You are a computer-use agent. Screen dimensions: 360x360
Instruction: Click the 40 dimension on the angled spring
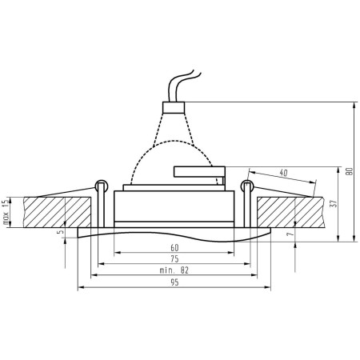pyautogui.click(x=284, y=173)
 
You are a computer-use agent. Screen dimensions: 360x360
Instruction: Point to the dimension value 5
pyautogui.click(x=61, y=233)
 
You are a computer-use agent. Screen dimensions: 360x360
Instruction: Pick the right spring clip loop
pyautogui.click(x=246, y=187)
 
